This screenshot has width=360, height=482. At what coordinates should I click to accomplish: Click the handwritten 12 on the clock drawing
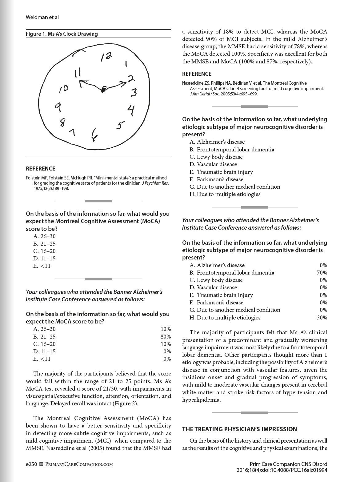click(106, 57)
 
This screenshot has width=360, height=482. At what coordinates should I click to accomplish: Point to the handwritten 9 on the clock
click(58, 107)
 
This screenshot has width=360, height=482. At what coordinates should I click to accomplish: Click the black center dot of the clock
click(104, 89)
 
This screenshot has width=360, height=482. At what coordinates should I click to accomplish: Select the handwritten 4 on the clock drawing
click(131, 110)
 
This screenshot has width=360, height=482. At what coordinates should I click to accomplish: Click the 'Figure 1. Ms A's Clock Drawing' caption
click(62, 34)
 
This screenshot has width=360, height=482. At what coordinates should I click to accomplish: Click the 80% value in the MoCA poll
click(166, 336)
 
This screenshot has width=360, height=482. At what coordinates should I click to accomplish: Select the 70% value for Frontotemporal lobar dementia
click(322, 272)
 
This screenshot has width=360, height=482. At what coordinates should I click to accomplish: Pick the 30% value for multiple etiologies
click(322, 317)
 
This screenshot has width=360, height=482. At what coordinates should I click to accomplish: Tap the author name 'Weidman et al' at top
click(42, 17)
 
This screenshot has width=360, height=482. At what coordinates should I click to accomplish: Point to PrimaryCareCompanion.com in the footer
click(79, 464)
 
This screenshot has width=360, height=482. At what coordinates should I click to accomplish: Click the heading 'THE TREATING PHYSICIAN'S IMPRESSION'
click(240, 429)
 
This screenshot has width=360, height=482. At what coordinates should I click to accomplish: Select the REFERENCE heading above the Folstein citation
click(41, 169)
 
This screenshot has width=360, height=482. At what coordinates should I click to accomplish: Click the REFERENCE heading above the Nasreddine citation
click(197, 74)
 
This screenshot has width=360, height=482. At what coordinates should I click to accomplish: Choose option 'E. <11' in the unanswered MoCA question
click(42, 266)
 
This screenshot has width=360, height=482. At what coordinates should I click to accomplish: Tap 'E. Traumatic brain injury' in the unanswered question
click(222, 172)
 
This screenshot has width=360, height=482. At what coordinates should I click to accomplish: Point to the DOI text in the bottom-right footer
click(282, 470)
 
